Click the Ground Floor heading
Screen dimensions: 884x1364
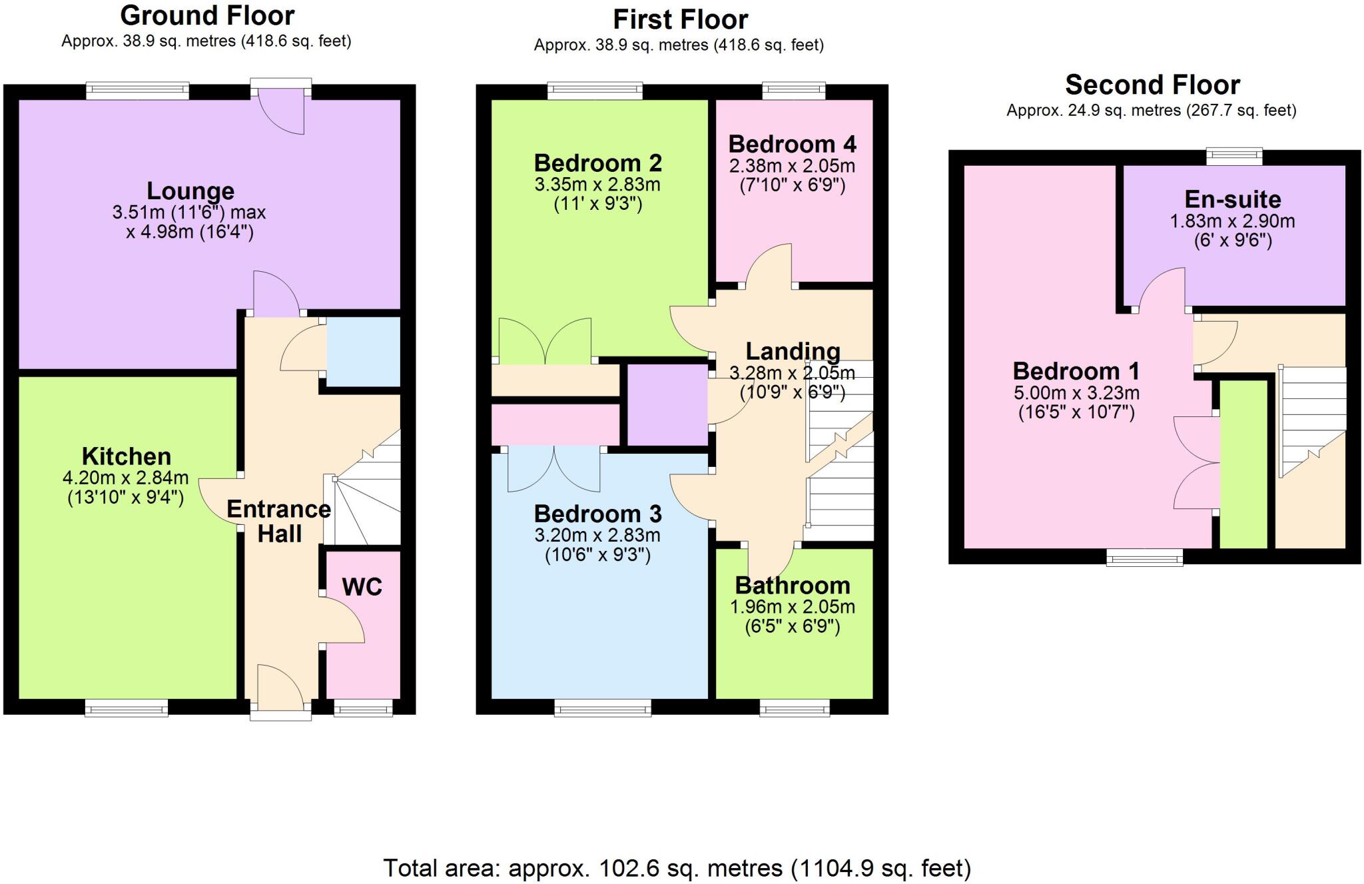click(207, 15)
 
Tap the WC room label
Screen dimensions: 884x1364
click(362, 587)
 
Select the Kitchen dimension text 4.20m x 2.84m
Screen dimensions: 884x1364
click(125, 478)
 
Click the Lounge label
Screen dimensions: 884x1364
click(190, 191)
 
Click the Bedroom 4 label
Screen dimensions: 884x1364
click(792, 144)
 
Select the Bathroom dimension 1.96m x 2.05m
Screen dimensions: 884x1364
click(792, 607)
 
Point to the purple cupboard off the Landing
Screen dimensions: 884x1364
click(667, 404)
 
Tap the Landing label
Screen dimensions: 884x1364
click(792, 351)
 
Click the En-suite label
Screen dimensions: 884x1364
click(1232, 199)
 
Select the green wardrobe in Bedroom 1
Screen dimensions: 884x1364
click(1243, 464)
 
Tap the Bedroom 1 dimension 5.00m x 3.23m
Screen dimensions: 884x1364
click(1076, 393)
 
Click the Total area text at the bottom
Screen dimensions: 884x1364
click(677, 868)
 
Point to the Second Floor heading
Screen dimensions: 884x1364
click(1152, 85)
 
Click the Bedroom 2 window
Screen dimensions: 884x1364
click(595, 91)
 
